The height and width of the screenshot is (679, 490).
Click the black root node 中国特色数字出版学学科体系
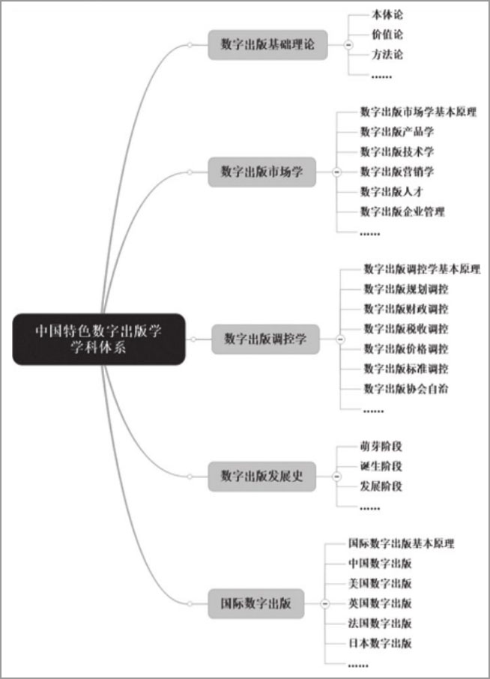pos(99,339)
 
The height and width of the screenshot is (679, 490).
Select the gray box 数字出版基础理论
pos(267,45)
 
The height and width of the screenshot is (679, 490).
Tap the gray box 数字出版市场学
pos(262,172)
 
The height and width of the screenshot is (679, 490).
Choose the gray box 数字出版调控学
pos(265,339)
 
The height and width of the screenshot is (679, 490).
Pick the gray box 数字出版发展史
pos(262,477)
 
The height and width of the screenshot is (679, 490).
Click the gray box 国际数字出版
pos(255,603)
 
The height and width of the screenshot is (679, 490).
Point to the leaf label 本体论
pos(387,15)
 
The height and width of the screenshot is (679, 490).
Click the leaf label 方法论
pos(387,55)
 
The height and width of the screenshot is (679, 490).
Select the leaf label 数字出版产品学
pos(397,132)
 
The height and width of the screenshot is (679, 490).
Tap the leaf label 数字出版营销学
pos(397,172)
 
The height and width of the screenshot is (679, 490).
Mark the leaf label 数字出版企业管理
pos(402,212)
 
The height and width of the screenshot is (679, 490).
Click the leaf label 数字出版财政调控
pos(406,309)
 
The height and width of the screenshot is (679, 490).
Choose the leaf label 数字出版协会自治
pos(406,388)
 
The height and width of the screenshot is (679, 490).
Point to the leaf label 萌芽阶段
pos(381,446)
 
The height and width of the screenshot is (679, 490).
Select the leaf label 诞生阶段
pos(381,466)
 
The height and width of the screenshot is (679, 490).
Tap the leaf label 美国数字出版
pos(380,583)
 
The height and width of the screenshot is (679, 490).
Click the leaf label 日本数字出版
pos(380,643)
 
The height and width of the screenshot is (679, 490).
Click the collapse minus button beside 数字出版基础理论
pos(348,45)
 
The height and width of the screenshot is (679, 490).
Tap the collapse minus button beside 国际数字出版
pos(325,603)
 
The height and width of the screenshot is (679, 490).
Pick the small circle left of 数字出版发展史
pos(190,477)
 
